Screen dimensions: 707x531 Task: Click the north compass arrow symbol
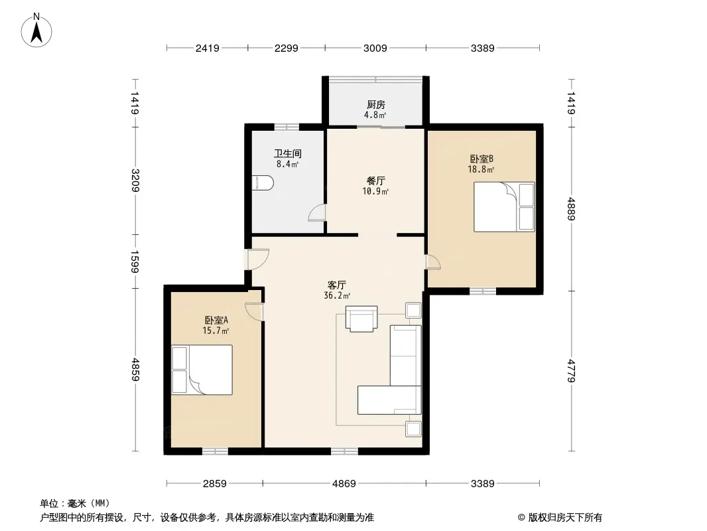click(x=36, y=31)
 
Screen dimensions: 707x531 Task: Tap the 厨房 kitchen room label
click(x=375, y=105)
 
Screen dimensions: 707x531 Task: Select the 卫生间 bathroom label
click(x=288, y=154)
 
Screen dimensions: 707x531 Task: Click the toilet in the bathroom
click(x=263, y=183)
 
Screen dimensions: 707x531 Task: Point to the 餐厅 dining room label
click(x=375, y=181)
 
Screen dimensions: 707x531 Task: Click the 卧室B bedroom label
click(x=482, y=159)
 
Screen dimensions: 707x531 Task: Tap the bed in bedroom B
click(x=504, y=207)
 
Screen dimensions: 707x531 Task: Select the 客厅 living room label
click(x=337, y=285)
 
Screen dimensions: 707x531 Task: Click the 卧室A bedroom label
click(x=216, y=320)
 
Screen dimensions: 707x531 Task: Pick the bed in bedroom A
click(x=202, y=370)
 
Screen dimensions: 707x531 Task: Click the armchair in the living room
click(x=361, y=319)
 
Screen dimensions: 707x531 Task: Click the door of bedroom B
click(x=433, y=262)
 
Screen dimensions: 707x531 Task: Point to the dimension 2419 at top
click(x=208, y=48)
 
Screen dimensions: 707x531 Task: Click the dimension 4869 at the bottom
click(x=344, y=484)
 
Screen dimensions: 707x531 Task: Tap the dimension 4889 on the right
click(x=571, y=209)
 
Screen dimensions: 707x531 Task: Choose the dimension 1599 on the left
click(x=135, y=262)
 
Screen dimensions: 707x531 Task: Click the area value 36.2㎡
click(x=337, y=296)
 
